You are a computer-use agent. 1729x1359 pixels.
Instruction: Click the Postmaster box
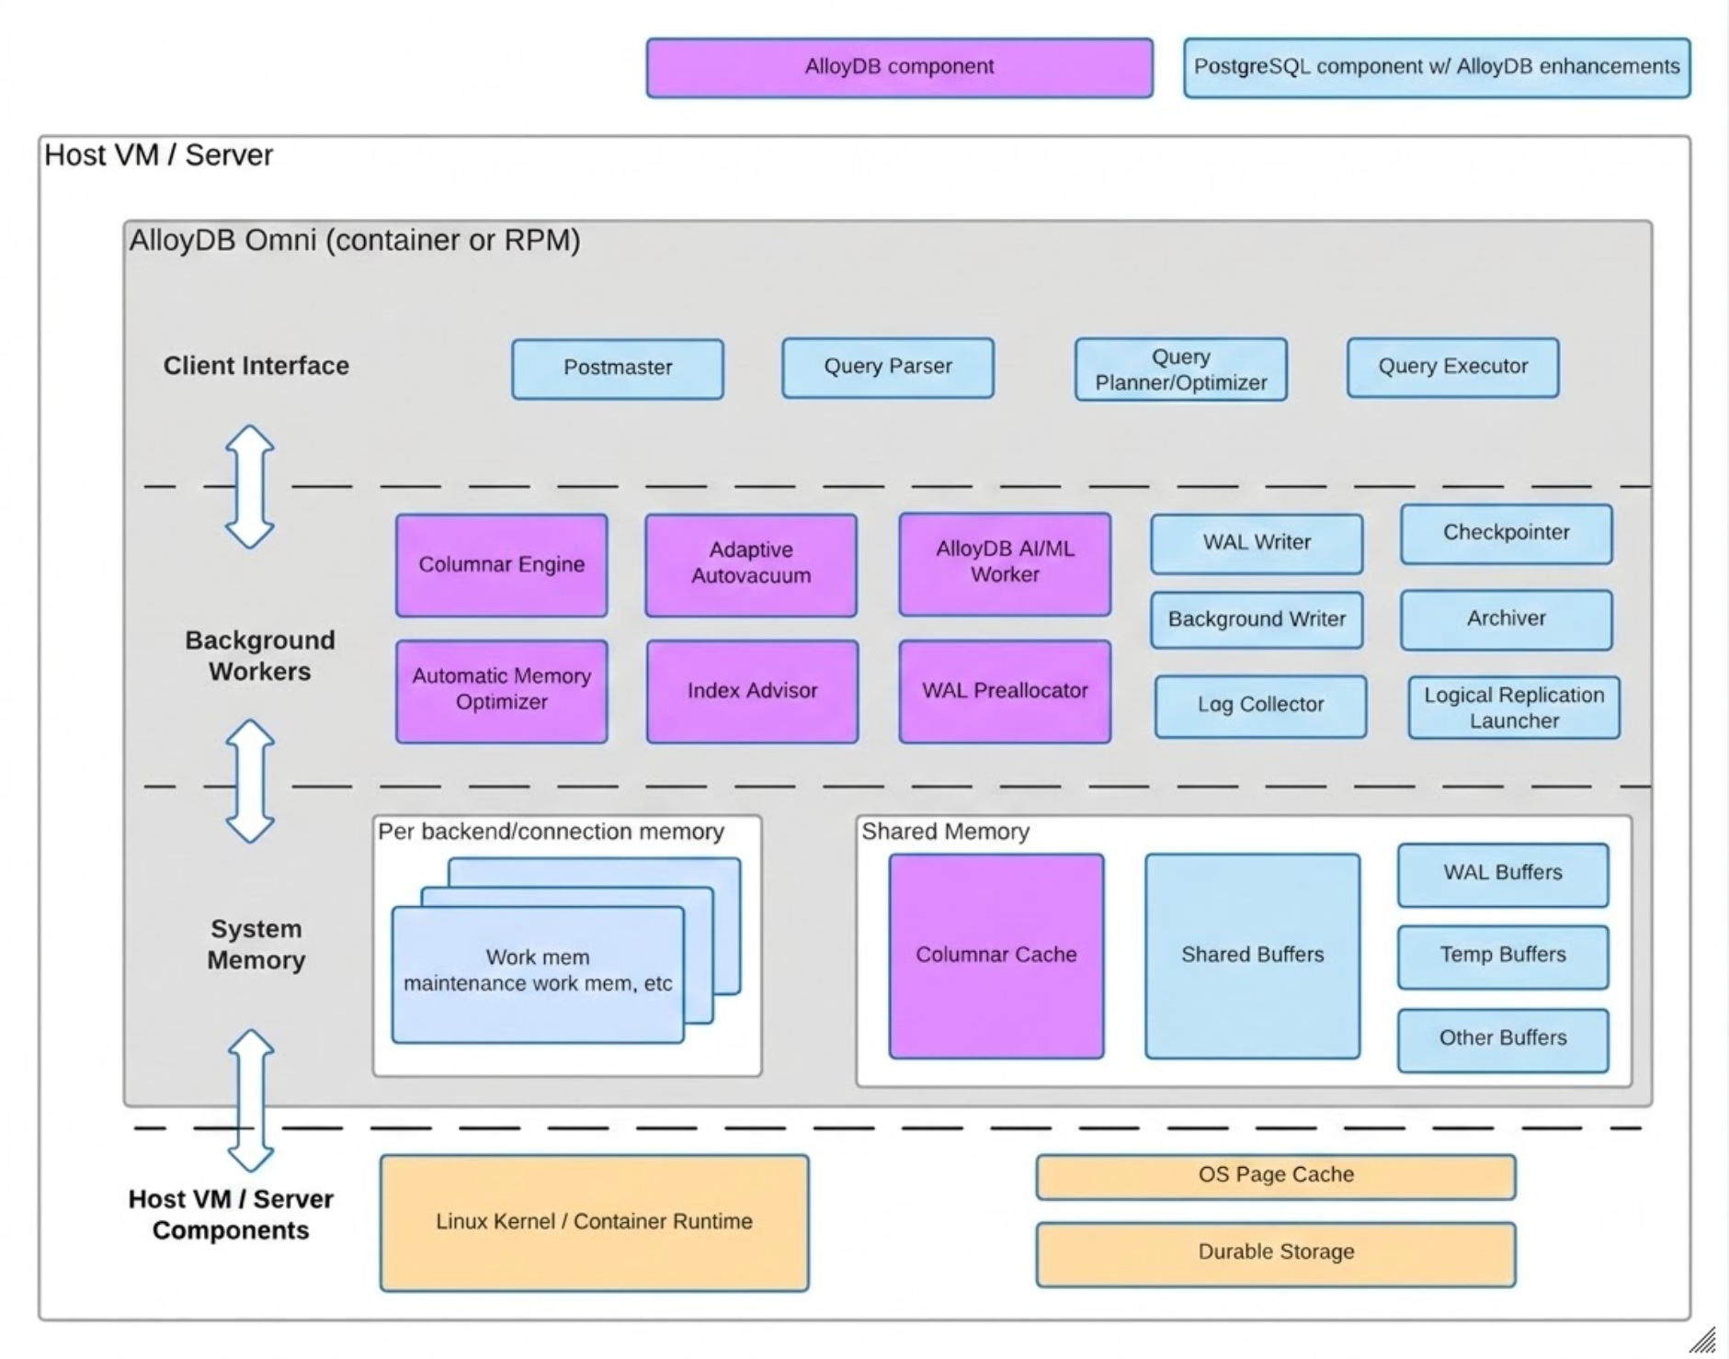coord(617,368)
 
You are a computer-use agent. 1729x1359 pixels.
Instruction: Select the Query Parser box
coord(887,368)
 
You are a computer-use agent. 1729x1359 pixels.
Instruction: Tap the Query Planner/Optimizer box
coord(1180,369)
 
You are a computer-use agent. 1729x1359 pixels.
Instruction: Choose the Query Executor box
coord(1452,368)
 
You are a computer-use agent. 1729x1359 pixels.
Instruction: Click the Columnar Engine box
coord(501,565)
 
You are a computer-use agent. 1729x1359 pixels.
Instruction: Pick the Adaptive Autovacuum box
coord(750,564)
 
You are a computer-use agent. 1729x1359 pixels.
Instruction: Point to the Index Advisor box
coord(752,691)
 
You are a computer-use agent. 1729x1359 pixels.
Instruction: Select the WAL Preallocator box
coord(1005,691)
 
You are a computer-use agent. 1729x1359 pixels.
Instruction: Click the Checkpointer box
coord(1506,534)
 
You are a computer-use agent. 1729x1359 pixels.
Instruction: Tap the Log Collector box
coord(1260,706)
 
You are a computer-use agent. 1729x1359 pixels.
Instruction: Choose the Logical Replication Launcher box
coord(1513,708)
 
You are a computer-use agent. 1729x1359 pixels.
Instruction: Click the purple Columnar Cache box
coord(995,956)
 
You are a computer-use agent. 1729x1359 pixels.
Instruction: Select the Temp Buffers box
coord(1502,956)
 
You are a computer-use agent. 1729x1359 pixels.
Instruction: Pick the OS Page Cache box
coord(1275,1176)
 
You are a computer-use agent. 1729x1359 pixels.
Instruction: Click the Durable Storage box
coord(1275,1253)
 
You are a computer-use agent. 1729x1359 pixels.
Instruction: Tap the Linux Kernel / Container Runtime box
coord(594,1222)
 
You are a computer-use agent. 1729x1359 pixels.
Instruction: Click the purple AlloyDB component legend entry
coord(899,68)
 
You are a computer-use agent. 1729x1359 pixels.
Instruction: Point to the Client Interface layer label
coord(256,366)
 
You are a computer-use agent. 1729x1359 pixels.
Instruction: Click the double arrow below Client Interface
coord(250,487)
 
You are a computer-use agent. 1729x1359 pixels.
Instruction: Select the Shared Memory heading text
coord(945,832)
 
